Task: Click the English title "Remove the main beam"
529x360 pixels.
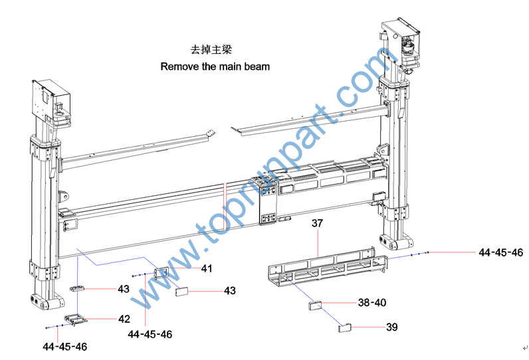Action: (x=215, y=66)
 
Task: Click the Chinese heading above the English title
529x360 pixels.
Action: (x=211, y=50)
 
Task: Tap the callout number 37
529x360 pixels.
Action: (x=317, y=224)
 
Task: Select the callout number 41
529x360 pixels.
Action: (x=207, y=268)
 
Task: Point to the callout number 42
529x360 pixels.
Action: (x=124, y=319)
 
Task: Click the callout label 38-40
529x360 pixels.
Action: (x=371, y=302)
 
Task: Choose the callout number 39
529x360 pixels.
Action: (x=373, y=327)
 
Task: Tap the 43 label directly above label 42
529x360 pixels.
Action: (x=124, y=289)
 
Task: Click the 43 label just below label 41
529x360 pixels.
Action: (x=229, y=291)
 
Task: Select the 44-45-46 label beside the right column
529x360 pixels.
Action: (x=500, y=252)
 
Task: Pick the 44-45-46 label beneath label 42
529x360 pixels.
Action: (x=64, y=346)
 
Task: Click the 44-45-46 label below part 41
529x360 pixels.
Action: (x=150, y=334)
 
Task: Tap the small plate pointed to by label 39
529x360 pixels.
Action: (x=344, y=326)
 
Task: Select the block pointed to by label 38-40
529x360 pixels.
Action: (x=315, y=306)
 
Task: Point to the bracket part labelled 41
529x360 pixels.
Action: (x=161, y=272)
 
